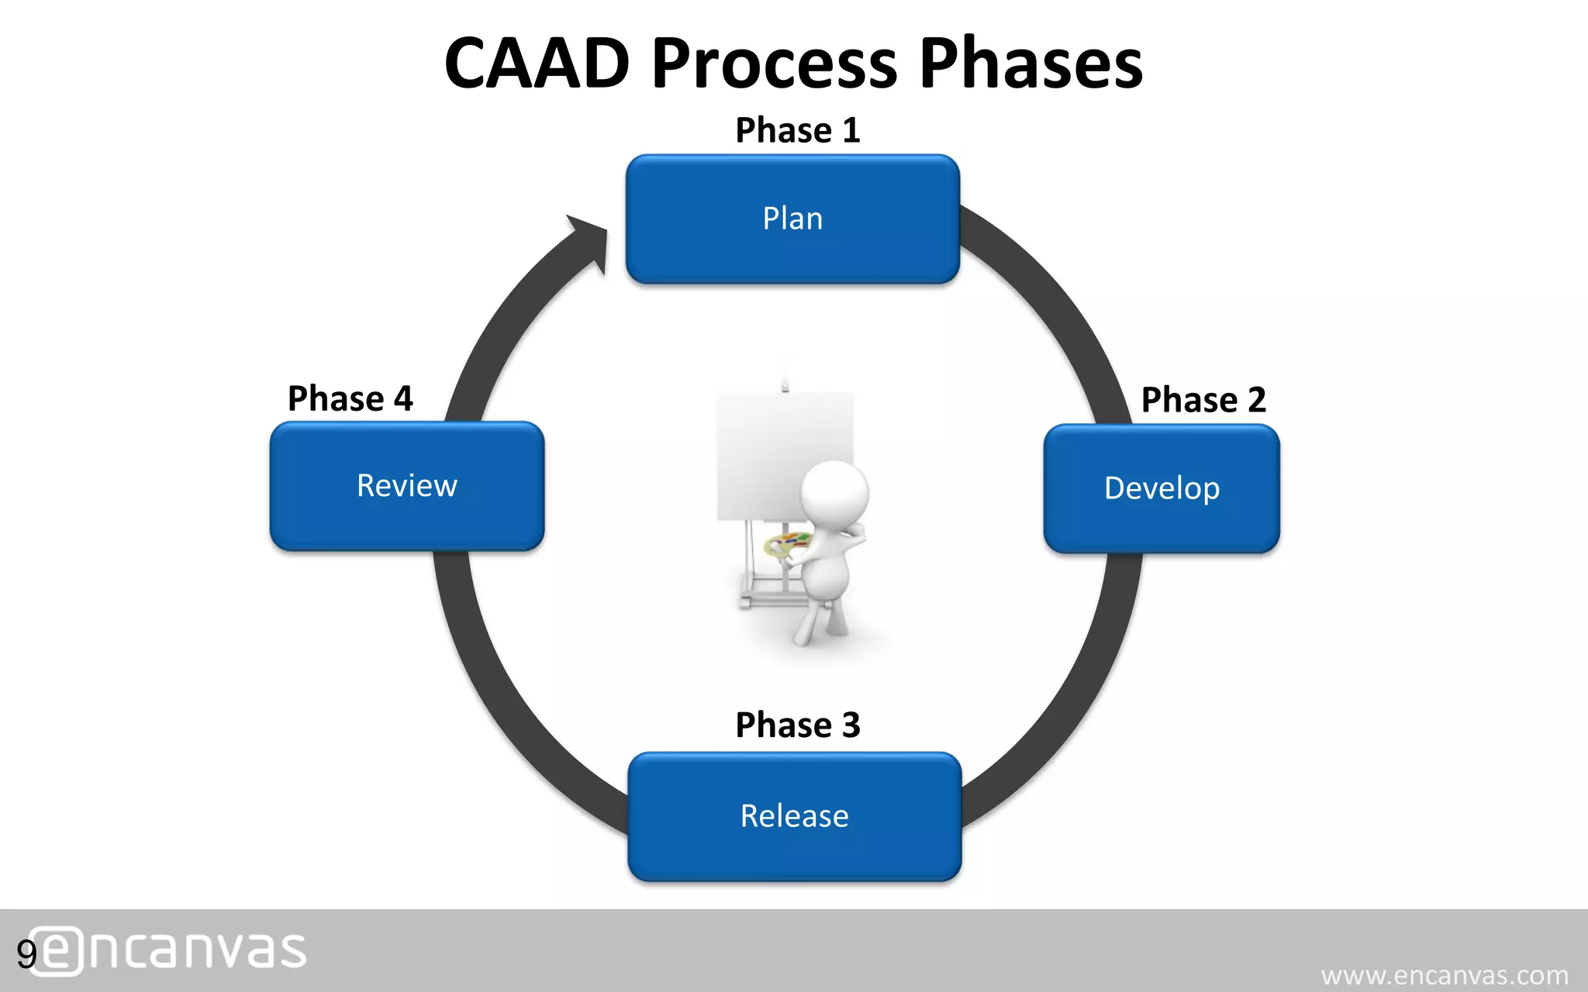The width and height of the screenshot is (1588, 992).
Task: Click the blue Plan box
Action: coord(792,219)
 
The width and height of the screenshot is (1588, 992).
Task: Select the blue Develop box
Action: coord(1161,488)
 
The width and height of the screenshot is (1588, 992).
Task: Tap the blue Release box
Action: coord(794,816)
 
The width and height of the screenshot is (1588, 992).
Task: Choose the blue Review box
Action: coord(407,486)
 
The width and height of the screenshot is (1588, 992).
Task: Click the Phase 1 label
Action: coord(797,130)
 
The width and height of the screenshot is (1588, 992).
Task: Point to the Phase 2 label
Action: coord(1203,400)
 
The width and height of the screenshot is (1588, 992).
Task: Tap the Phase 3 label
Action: coord(797,725)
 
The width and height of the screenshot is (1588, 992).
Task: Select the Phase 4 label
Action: coord(350,398)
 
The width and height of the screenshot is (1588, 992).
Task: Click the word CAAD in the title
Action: coord(537,64)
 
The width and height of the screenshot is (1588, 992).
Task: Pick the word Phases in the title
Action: coord(1030,64)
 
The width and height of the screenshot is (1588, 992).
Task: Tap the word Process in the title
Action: coord(774,64)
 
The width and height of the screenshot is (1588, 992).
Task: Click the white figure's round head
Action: coord(834,493)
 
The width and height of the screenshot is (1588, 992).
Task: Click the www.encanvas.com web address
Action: coord(1444,975)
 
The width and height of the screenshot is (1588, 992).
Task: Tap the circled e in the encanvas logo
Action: coord(56,951)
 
